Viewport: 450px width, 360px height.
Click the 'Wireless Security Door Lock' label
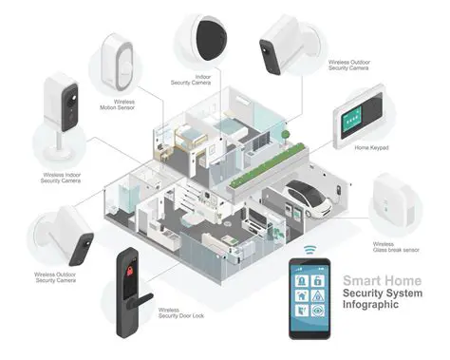point(180,314)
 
